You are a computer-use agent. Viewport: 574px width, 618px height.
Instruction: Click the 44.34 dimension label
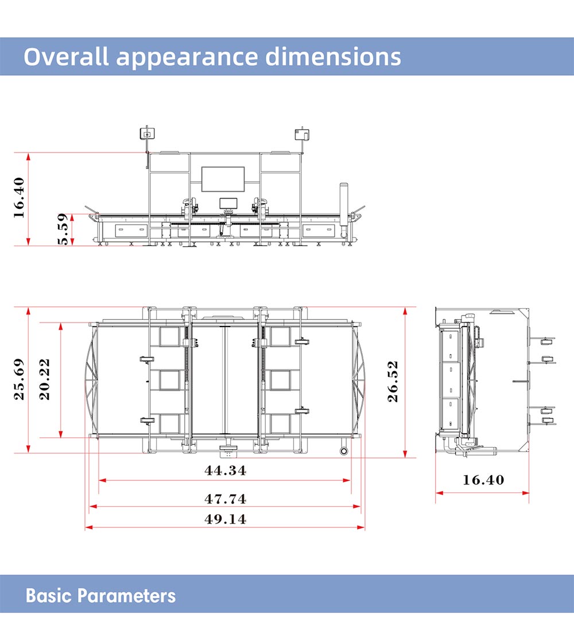click(225, 470)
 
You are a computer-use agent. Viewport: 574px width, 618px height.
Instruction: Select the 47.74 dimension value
click(225, 499)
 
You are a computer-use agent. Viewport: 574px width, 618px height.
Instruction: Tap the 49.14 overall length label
click(225, 519)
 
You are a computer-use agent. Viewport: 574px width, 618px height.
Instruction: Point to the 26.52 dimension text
click(393, 381)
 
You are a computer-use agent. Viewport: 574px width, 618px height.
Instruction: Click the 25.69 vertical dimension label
click(19, 379)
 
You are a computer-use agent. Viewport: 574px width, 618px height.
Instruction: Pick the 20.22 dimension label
click(45, 379)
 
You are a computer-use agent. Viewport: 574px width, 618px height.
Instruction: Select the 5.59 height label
click(63, 230)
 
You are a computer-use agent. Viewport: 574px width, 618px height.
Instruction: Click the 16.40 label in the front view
click(19, 198)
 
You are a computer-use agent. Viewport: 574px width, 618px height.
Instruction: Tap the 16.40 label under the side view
click(483, 480)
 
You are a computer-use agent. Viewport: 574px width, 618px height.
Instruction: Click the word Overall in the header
click(66, 56)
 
